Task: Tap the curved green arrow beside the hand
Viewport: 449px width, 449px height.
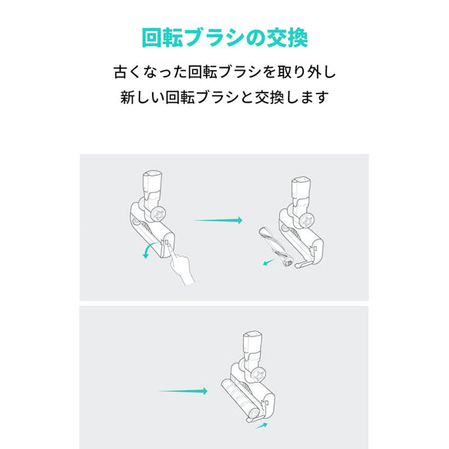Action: (147, 252)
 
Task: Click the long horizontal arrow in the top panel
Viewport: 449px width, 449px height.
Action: (218, 221)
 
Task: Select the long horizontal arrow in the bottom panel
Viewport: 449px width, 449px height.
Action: (183, 390)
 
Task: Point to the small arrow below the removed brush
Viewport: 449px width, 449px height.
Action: (267, 262)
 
